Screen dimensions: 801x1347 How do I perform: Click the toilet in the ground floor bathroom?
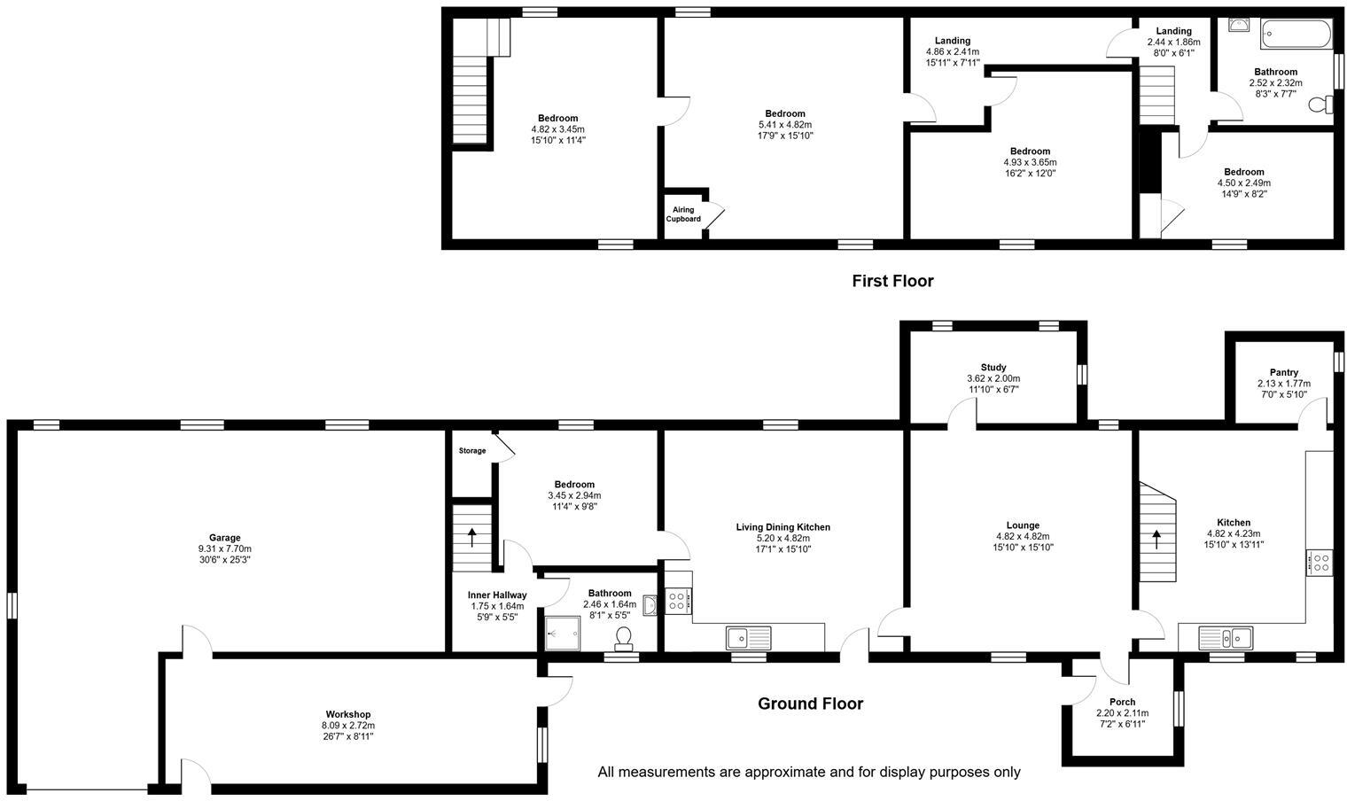[624, 637]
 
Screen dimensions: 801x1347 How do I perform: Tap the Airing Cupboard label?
[684, 214]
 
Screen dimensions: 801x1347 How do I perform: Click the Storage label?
[472, 451]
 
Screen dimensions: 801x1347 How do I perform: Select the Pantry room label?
[1283, 372]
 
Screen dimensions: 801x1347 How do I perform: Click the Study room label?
[993, 367]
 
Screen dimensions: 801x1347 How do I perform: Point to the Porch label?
[1122, 702]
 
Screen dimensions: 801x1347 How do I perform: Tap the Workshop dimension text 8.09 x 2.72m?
[348, 725]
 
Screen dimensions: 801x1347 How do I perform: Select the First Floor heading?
[892, 281]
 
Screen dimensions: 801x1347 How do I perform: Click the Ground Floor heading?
[810, 704]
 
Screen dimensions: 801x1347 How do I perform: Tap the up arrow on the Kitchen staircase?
[1156, 538]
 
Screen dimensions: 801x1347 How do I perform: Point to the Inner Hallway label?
[497, 595]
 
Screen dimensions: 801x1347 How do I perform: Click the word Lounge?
[1023, 525]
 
